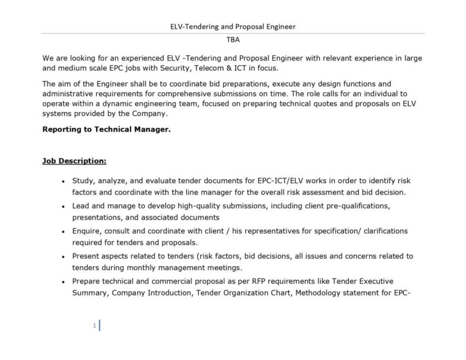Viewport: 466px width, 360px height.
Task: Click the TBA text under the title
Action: (233, 39)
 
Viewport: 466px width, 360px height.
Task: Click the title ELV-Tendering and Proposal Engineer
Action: (233, 26)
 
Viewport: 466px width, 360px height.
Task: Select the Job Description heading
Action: (74, 161)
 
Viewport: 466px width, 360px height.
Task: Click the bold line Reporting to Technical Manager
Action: (107, 129)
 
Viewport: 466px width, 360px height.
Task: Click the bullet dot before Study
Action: (63, 181)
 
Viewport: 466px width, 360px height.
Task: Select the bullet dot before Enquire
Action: (63, 231)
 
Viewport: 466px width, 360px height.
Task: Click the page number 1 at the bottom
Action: (94, 325)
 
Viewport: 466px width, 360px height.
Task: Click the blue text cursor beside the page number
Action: (99, 325)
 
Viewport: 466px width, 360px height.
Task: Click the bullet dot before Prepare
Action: (63, 282)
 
